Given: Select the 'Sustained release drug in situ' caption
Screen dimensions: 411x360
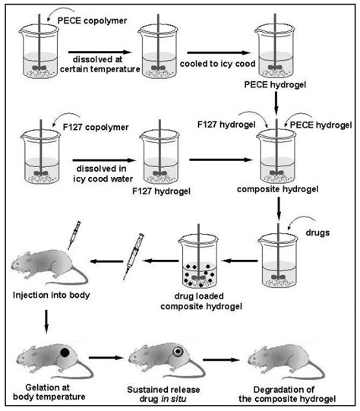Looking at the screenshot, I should coord(161,394).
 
